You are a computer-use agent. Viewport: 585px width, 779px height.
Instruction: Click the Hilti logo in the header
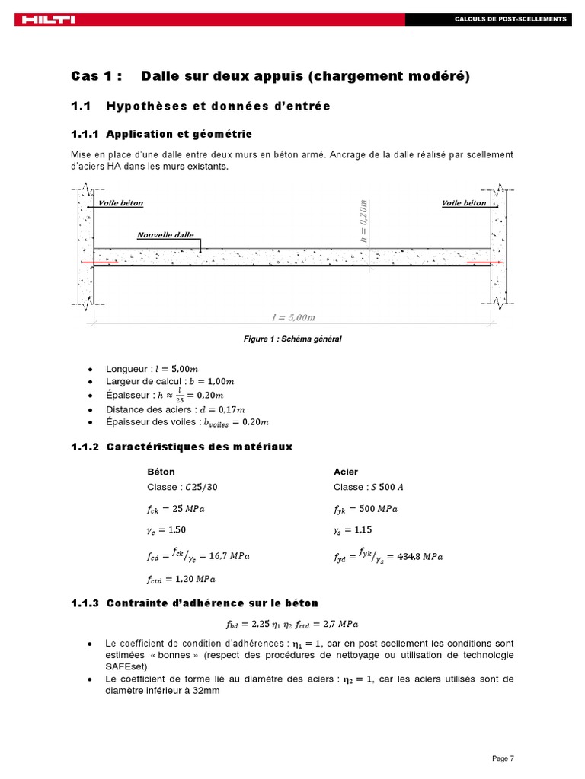[46, 19]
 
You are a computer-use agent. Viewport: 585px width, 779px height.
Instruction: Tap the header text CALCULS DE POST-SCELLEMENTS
[510, 18]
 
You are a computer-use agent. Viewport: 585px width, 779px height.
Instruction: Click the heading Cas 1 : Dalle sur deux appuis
[270, 76]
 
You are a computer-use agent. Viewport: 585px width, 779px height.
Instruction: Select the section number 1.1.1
[85, 134]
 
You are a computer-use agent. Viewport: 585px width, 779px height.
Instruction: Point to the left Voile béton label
[120, 203]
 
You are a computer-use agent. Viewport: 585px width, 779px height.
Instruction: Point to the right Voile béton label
[464, 203]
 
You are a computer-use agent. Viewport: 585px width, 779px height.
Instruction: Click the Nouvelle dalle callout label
[165, 235]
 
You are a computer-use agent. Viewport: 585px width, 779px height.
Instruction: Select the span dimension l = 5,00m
[292, 316]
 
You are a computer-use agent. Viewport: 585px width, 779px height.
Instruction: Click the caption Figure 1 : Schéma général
[292, 339]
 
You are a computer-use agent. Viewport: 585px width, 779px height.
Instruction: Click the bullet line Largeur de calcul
[171, 381]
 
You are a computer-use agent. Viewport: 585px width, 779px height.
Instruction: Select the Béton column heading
[160, 472]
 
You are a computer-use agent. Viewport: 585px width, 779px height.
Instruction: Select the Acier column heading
[346, 472]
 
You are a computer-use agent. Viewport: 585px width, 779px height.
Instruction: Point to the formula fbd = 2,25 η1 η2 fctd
[292, 624]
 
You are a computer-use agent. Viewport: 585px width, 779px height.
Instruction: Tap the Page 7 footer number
[503, 758]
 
